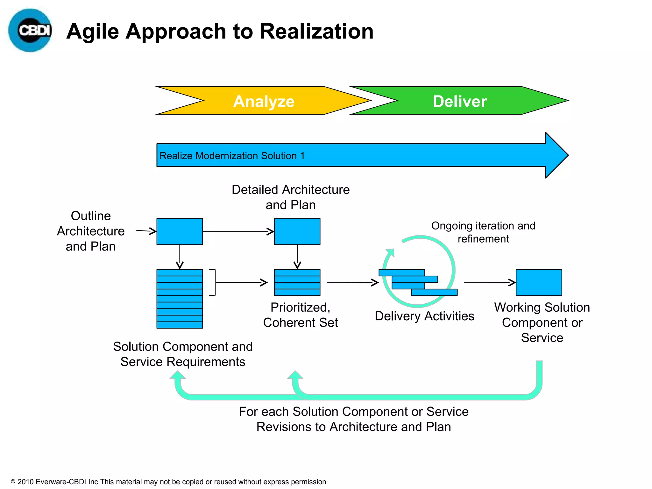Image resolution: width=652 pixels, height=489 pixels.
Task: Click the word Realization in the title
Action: pyautogui.click(x=316, y=32)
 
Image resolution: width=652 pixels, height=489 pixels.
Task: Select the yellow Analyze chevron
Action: pyautogui.click(x=264, y=101)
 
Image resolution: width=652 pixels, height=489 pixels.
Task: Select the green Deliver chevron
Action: pyautogui.click(x=459, y=101)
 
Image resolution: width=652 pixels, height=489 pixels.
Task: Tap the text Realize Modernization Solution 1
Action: pyautogui.click(x=232, y=156)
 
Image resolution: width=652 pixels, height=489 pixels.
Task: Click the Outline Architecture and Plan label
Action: pyautogui.click(x=90, y=231)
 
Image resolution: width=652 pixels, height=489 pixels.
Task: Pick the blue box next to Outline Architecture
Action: pyautogui.click(x=180, y=231)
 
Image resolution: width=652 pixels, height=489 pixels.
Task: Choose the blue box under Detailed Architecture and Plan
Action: pyautogui.click(x=297, y=231)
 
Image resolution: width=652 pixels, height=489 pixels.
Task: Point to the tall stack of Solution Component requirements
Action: pyautogui.click(x=180, y=299)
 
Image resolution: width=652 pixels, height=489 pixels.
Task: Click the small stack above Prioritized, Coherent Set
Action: pyautogui.click(x=297, y=282)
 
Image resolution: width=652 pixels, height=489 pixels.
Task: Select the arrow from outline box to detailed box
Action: pyautogui.click(x=238, y=231)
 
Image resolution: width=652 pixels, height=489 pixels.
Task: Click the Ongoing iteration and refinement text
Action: pyautogui.click(x=483, y=232)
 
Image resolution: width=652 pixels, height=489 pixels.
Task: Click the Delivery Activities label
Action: pyautogui.click(x=424, y=316)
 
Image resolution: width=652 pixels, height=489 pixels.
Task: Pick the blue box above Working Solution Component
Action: pyautogui.click(x=539, y=282)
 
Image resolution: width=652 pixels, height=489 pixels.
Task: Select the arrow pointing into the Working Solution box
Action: pyautogui.click(x=489, y=282)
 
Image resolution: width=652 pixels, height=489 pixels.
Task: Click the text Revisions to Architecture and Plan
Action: pyautogui.click(x=354, y=427)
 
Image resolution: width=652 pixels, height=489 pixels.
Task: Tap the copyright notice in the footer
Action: pyautogui.click(x=169, y=482)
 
